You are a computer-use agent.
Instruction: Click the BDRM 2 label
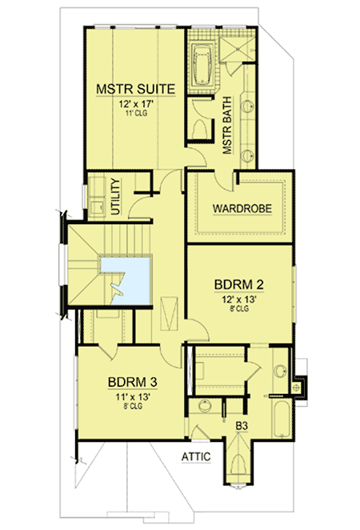[x=239, y=284]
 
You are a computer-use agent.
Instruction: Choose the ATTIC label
[x=194, y=456]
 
